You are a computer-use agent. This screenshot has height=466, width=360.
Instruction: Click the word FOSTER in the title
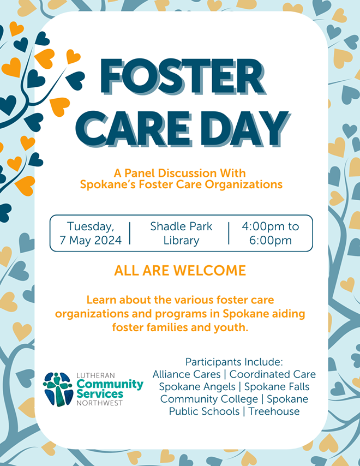[x=182, y=77]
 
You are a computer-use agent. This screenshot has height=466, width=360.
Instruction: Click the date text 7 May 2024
[x=91, y=240]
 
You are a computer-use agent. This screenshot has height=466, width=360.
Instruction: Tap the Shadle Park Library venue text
[x=181, y=234]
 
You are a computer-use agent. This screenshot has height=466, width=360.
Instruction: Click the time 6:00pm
[x=271, y=241]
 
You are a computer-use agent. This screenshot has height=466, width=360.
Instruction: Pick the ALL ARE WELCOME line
[x=180, y=271]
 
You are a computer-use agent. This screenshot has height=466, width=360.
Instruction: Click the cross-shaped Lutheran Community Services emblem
[x=58, y=389]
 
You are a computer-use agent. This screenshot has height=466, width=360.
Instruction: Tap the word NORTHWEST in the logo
[x=99, y=403]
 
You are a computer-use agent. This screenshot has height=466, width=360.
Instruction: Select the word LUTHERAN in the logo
[x=95, y=375]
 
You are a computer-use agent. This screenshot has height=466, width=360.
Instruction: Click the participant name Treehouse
[x=274, y=411]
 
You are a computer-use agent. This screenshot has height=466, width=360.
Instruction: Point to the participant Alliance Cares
[x=187, y=374]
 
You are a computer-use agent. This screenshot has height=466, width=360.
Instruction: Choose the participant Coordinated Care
[x=272, y=374]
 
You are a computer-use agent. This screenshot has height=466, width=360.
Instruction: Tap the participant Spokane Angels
[x=197, y=387]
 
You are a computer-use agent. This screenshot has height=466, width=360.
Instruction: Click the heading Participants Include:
[x=234, y=362]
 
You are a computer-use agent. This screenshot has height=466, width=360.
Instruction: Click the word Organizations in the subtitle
[x=244, y=185]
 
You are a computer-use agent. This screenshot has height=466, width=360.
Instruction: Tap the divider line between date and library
[x=130, y=234]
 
